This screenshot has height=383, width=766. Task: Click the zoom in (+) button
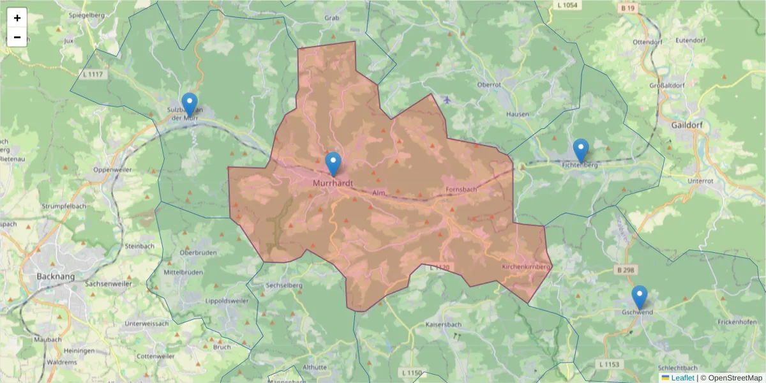coord(17,18)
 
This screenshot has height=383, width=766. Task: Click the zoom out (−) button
coord(17,37)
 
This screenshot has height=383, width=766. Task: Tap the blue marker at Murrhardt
coord(333,164)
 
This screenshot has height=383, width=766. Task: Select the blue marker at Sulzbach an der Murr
coord(189,105)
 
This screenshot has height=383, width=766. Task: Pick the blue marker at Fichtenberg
coord(580,151)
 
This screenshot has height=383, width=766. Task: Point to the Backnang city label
coord(56,276)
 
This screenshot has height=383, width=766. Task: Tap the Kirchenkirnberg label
coord(526,266)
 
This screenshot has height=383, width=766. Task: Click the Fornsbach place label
coord(461,190)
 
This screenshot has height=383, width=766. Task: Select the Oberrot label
coord(489,84)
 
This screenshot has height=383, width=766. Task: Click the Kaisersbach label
coord(442,325)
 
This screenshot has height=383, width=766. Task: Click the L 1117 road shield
coord(93,75)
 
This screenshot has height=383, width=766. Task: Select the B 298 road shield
coord(626,270)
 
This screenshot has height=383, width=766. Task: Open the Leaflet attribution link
coord(682,378)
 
